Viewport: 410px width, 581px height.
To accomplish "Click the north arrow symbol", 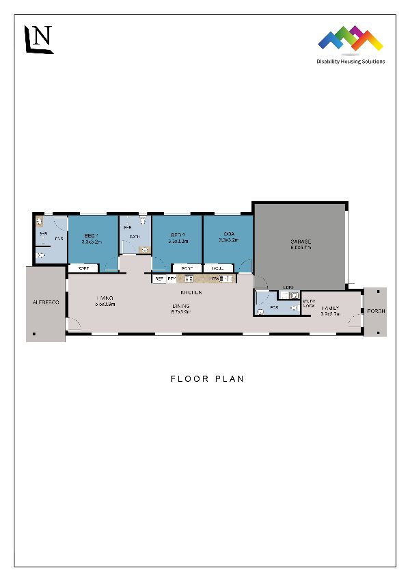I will (38, 39).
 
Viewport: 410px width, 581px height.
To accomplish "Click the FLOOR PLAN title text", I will (207, 378).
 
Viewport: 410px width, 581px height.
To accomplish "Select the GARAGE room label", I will (301, 242).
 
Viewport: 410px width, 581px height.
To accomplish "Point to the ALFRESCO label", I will (46, 302).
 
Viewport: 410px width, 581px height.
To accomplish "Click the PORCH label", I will (376, 311).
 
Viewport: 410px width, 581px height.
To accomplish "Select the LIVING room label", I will (105, 298).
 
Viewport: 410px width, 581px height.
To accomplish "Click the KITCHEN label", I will (191, 292).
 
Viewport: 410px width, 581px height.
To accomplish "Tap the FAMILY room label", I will (331, 309).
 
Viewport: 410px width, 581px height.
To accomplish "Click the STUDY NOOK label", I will (309, 302).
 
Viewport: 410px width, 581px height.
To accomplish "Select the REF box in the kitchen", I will (159, 279).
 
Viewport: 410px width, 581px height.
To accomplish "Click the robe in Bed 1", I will (83, 268).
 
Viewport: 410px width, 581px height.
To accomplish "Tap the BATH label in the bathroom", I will (135, 237).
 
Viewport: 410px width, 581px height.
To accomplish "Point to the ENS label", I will (59, 239).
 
